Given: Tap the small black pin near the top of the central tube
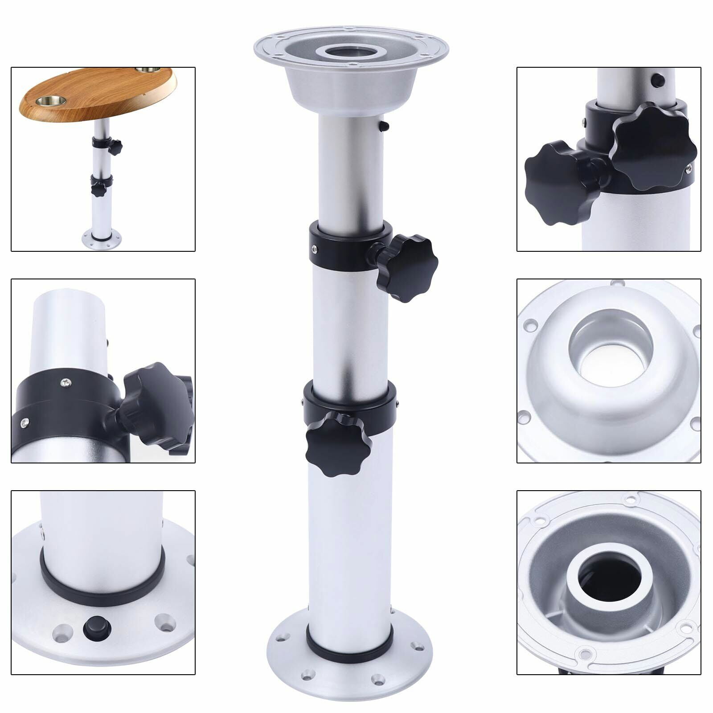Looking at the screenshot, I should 384,127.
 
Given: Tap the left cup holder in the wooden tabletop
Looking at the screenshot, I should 51,101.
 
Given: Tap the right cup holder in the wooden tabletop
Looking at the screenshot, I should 148,70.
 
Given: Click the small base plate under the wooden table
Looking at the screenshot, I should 102,240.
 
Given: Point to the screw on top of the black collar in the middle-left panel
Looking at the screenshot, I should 66,381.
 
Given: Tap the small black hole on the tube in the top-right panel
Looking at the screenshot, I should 656,81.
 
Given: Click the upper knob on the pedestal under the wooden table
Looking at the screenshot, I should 115,147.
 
